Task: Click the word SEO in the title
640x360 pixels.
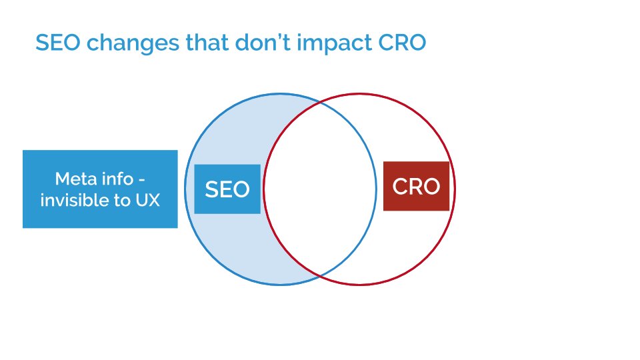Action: coord(57,43)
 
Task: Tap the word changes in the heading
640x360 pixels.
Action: coord(133,43)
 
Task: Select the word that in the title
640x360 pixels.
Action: coord(207,42)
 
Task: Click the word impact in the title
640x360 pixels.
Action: coord(334,43)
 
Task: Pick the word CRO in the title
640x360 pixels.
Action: coord(402,43)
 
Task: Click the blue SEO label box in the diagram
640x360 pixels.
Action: coord(227,189)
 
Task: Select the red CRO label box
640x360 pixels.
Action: coord(416,186)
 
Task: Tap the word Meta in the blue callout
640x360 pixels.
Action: coord(74,179)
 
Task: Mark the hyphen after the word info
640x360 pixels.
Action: coord(141,180)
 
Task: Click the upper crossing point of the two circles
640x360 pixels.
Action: coord(320,103)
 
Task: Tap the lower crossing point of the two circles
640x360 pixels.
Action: coord(320,276)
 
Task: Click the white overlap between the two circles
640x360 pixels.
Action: coord(320,189)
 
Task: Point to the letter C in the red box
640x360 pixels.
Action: coord(400,186)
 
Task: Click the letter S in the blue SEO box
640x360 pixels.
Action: coord(211,189)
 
